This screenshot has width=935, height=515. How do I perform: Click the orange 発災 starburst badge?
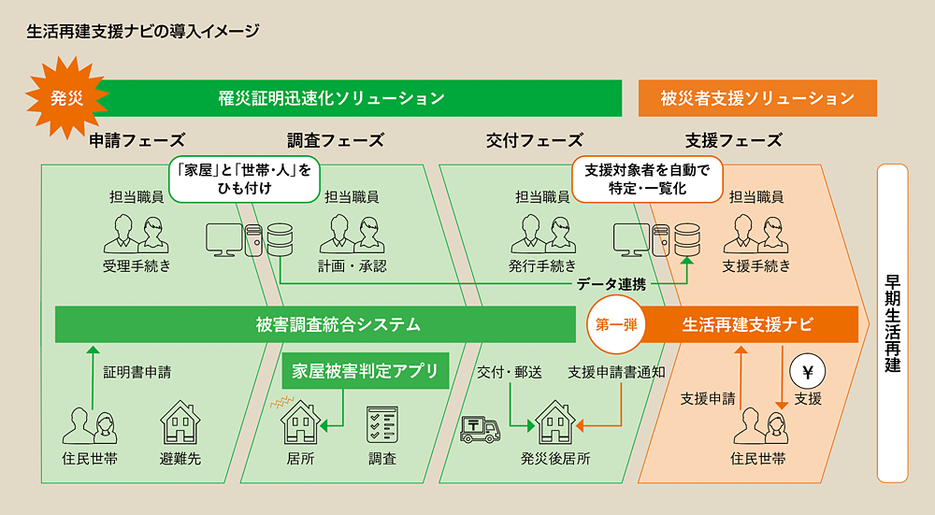66,97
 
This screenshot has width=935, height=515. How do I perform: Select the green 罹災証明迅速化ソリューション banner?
331,97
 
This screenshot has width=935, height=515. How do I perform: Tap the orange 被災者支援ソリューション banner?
757,97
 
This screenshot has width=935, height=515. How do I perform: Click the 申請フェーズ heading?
137,141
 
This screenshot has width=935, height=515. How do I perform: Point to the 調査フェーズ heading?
336,141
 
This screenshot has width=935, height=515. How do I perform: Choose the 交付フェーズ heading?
535,141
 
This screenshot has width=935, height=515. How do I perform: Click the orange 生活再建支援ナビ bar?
747,324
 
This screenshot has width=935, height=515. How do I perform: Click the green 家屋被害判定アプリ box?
365,371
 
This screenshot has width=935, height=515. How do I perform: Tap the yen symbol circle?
808,371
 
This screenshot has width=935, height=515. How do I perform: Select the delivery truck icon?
482,428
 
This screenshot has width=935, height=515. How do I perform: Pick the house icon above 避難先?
180,423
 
